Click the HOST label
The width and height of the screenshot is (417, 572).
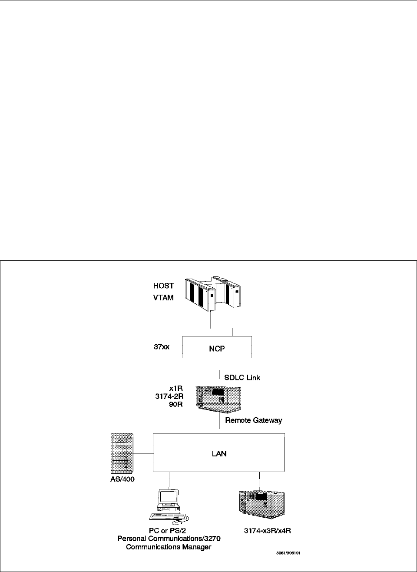pyautogui.click(x=163, y=286)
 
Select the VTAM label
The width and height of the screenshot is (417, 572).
pyautogui.click(x=163, y=298)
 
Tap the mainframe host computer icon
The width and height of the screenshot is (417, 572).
pyautogui.click(x=213, y=294)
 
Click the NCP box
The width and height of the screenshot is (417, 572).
pyautogui.click(x=217, y=347)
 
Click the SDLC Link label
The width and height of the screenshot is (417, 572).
pyautogui.click(x=242, y=377)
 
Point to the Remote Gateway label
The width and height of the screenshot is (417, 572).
pyautogui.click(x=253, y=420)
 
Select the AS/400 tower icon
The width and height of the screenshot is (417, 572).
pyautogui.click(x=122, y=453)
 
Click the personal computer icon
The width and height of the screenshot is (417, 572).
pyautogui.click(x=169, y=505)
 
